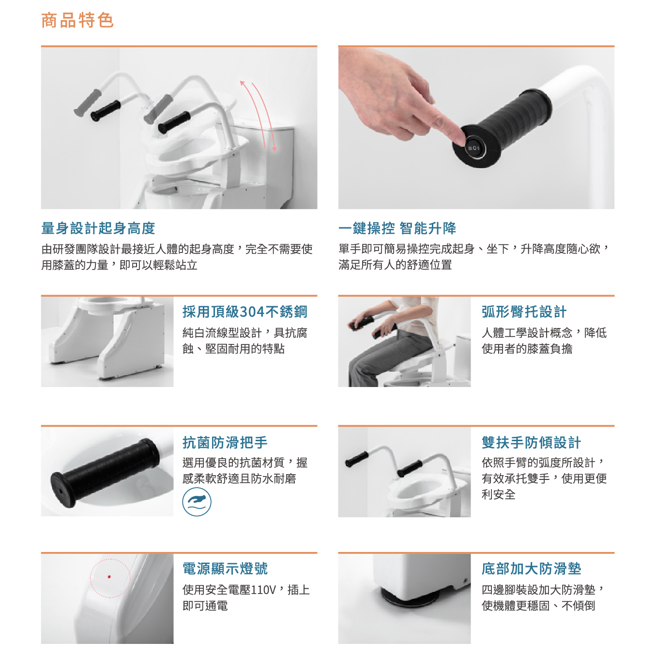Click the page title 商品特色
coord(77,20)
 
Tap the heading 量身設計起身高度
coord(98,228)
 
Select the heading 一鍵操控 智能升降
coord(397,228)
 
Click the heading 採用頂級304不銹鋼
coord(244,312)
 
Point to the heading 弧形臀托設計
coord(524,312)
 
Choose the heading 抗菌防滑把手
coord(225,442)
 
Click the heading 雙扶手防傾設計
coord(531,442)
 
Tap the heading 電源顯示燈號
coord(225,568)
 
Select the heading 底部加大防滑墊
coord(531,568)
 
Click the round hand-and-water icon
coord(197,502)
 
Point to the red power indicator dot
coord(109,576)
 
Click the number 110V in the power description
coord(263,590)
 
